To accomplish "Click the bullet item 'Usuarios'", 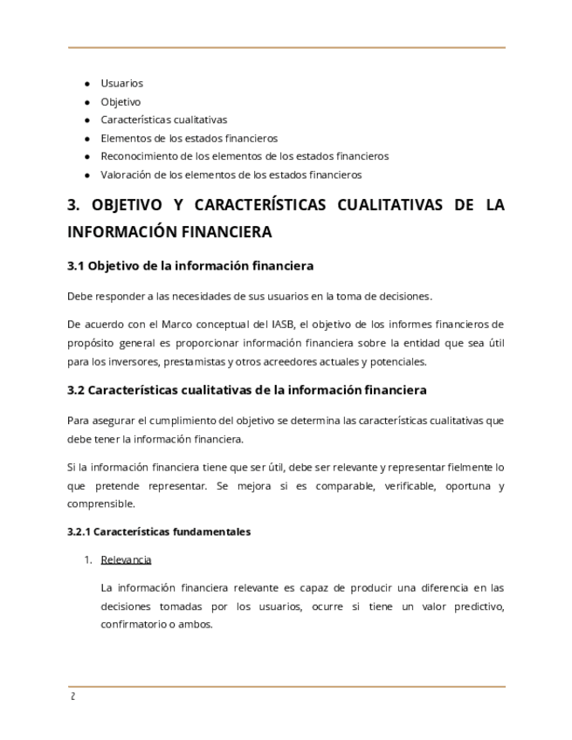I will tap(121, 84).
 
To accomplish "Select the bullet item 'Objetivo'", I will tap(121, 102).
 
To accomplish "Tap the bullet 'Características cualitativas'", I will tap(163, 120).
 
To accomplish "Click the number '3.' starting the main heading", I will tap(74, 206).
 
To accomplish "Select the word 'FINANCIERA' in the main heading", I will tap(228, 233).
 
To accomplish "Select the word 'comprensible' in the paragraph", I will tap(100, 504).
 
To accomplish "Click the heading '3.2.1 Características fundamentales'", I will tap(159, 531).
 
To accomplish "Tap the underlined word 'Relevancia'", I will tap(126, 559).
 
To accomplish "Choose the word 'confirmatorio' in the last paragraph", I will tap(135, 625).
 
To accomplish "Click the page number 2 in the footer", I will tap(72, 696).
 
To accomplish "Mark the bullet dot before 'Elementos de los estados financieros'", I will tap(87, 139).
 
